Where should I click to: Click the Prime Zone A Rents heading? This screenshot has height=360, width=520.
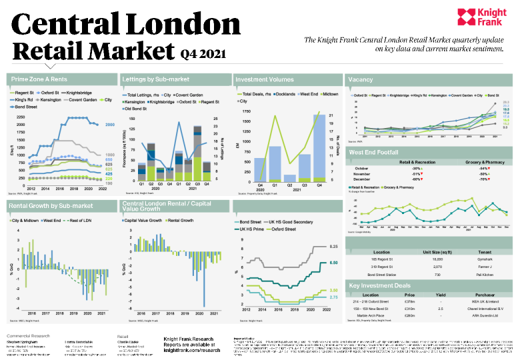(39, 79)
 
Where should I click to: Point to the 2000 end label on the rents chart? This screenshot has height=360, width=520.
(110, 125)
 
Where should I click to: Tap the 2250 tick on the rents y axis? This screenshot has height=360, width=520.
(20, 117)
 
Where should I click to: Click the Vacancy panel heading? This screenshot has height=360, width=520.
(360, 79)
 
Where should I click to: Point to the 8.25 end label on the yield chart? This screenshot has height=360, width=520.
(333, 247)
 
